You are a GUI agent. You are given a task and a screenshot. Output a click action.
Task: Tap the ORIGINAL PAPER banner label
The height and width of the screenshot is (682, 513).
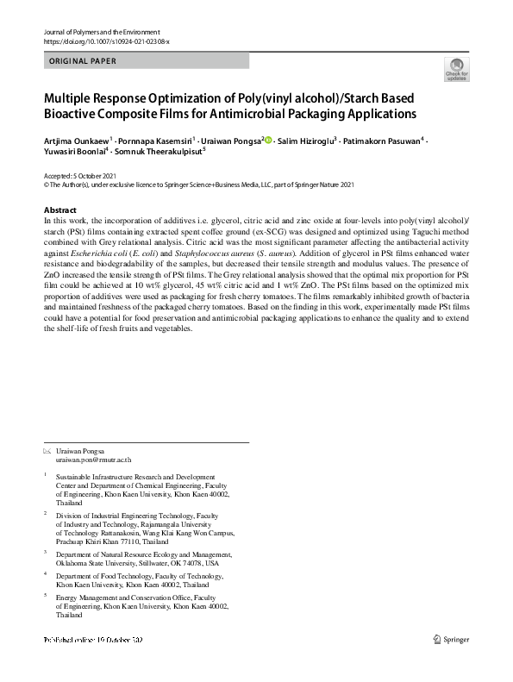click(x=83, y=61)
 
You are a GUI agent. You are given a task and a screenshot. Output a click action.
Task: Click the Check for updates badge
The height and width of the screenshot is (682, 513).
click(x=455, y=70)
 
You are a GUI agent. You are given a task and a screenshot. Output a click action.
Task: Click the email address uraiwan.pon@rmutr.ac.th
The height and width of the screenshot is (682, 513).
click(x=93, y=461)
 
